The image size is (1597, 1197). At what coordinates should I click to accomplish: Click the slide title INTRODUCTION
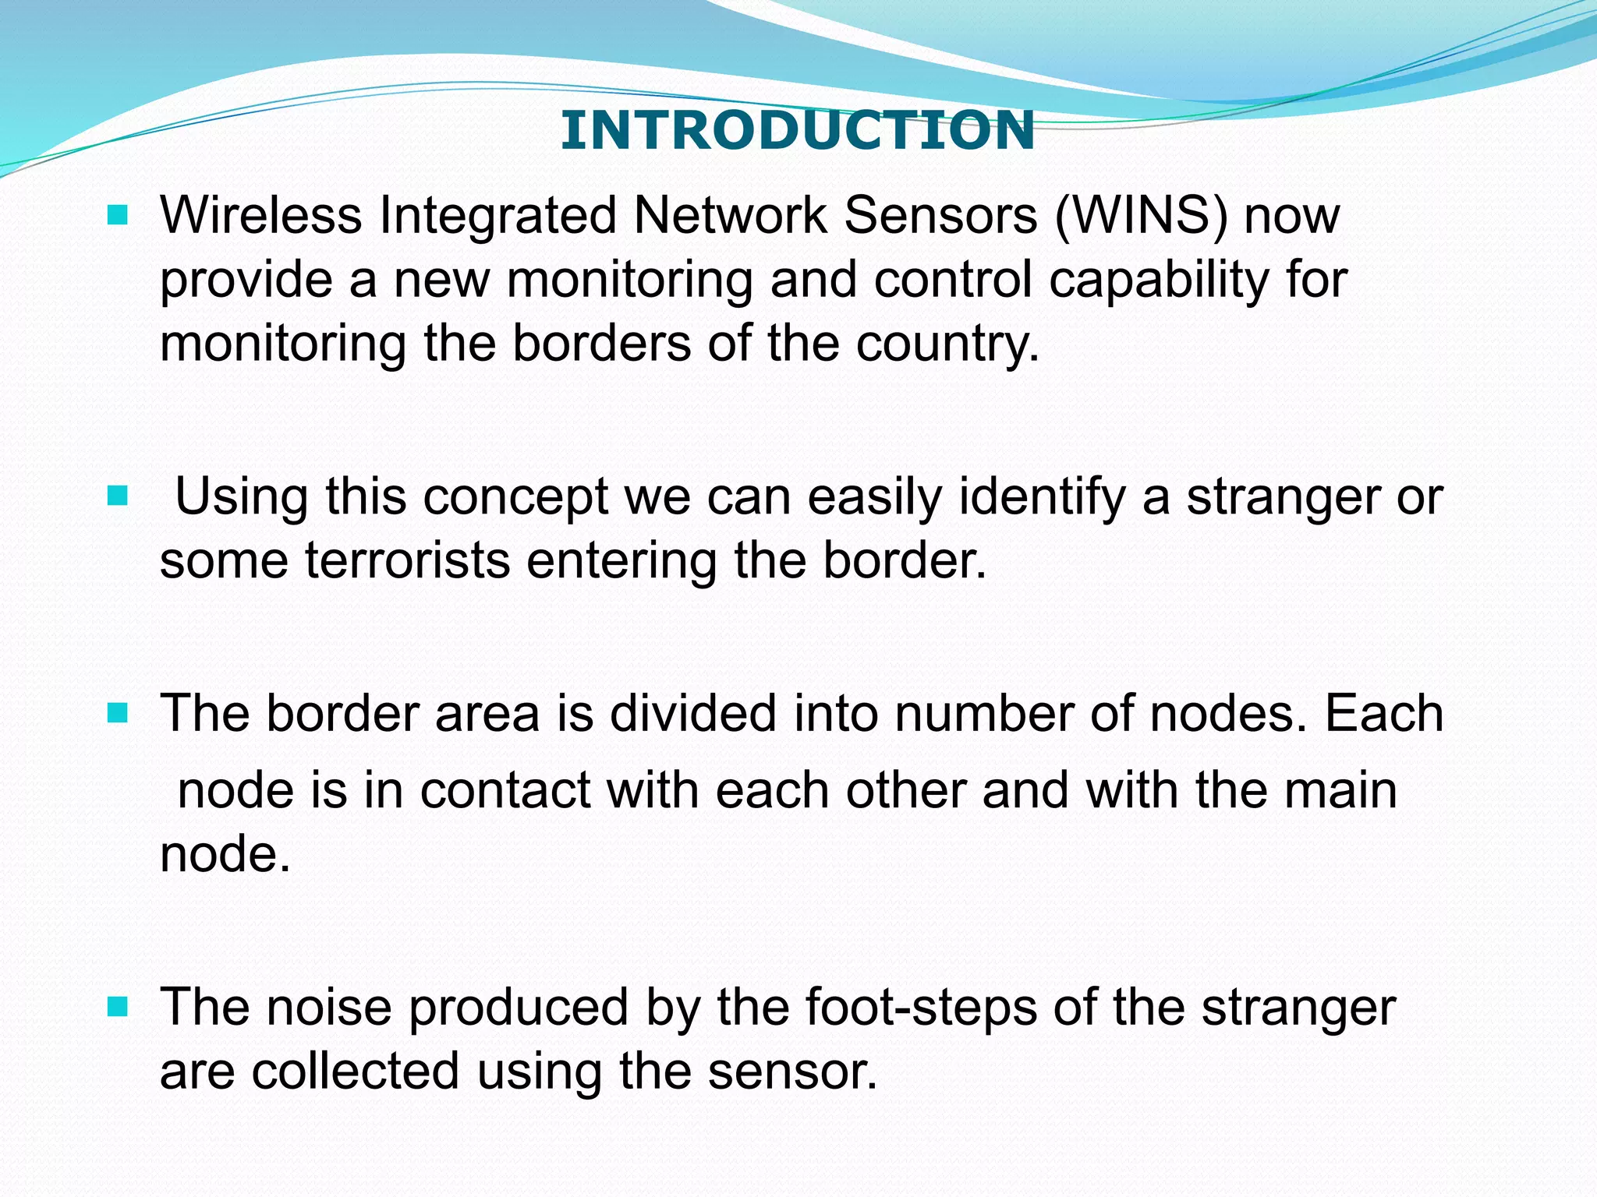797,130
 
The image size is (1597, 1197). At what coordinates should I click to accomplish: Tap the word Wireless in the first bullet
260,215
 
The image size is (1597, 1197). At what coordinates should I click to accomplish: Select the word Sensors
940,215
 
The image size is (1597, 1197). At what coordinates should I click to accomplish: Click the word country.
947,344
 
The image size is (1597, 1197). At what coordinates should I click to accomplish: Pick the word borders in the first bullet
601,344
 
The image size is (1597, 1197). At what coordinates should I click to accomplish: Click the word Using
242,496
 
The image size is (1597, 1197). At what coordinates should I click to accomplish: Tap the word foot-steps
921,1008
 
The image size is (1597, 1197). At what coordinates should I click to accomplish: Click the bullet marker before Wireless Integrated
117,215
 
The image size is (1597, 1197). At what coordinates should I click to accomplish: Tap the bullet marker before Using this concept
117,496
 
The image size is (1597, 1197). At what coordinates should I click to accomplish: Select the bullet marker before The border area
117,713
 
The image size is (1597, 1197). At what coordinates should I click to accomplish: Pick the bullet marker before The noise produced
117,1007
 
